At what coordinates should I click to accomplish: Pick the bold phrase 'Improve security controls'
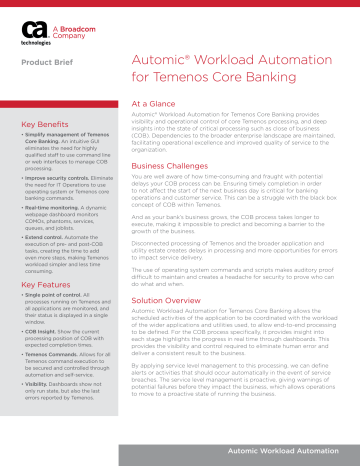[x=57, y=177]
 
